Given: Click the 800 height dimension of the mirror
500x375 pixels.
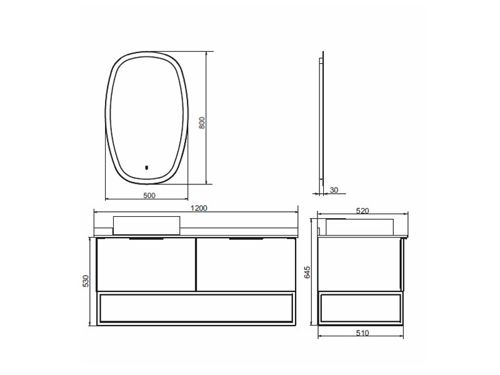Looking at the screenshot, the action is pos(202,122).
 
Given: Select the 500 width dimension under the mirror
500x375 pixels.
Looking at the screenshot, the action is pos(149,196).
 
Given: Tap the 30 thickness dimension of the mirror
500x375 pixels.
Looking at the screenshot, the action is pos(334,190).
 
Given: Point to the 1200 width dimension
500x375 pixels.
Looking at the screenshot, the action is pos(199,208).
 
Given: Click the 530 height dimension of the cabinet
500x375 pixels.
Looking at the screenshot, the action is pos(86,281).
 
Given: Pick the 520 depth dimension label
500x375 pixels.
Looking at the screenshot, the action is pos(362,211).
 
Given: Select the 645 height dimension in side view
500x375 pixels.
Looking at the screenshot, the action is pos(307,272).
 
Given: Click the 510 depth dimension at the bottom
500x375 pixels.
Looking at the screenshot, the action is pos(362,333).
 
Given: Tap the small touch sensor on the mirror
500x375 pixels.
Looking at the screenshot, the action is pos(147,167).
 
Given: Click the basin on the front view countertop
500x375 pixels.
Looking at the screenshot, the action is pos(147,226).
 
